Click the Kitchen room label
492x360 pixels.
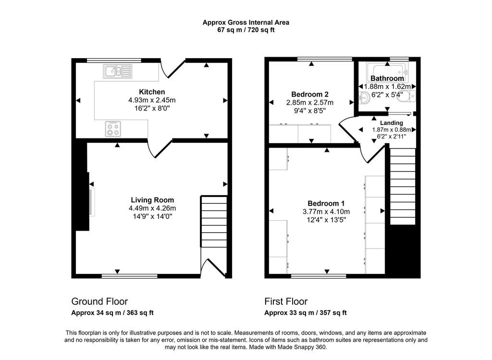[x=152, y=92]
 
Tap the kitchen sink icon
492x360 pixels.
[x=117, y=72]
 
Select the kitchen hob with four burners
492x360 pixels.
[x=113, y=128]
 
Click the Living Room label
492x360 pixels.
[x=152, y=200]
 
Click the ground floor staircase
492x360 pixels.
[x=214, y=221]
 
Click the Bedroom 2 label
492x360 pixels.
[x=310, y=94]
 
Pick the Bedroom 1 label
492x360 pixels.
[x=326, y=203]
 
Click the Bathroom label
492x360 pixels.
[x=387, y=78]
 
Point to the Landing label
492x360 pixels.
[x=392, y=123]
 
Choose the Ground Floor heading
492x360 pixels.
[x=99, y=302]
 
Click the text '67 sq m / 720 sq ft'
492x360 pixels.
[x=246, y=30]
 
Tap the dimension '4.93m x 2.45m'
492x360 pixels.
[x=152, y=100]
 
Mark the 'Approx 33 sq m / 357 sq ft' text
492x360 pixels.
[x=305, y=313]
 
